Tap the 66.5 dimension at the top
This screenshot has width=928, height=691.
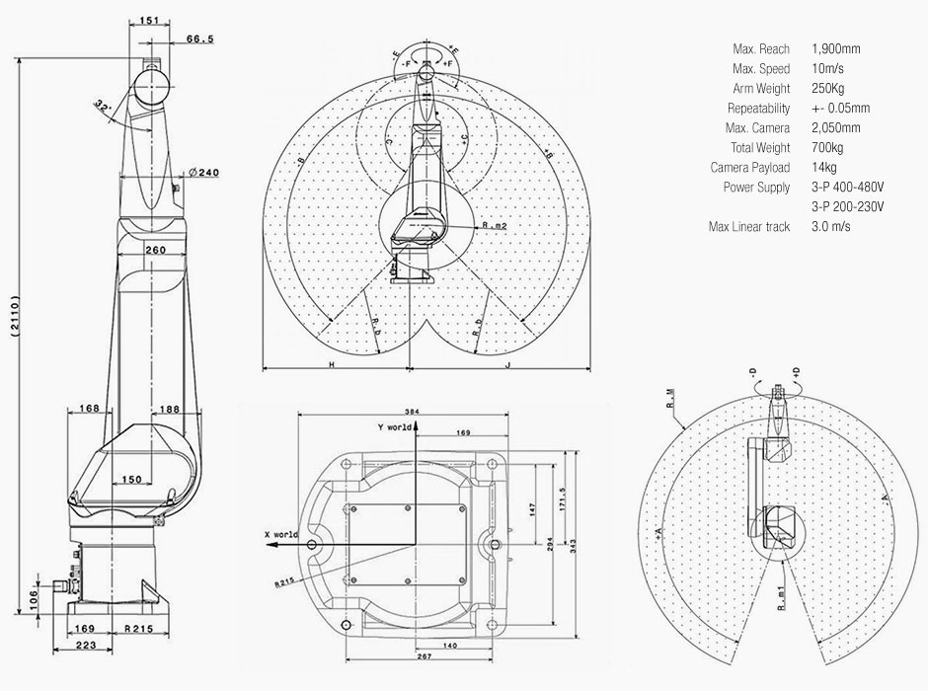coord(200,38)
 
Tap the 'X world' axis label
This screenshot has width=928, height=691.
coord(280,533)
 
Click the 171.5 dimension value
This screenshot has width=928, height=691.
coord(562,499)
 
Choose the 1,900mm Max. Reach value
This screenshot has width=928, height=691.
coord(835,48)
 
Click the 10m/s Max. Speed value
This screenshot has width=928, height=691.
coord(826,68)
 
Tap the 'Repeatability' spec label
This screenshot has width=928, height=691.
coord(758,108)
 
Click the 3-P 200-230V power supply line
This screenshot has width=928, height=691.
coord(846,206)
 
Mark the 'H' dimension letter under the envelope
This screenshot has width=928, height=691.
coord(332,364)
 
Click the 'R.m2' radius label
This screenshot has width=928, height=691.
coord(495,226)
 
